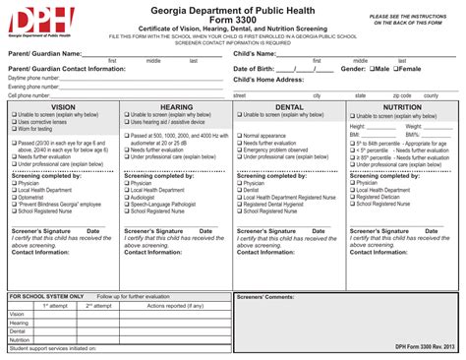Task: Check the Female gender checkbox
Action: (396, 70)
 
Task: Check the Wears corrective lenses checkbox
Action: (15, 121)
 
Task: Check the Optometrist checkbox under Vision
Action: (15, 197)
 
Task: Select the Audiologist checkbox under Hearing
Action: (127, 197)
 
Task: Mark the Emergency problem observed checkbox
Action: (239, 150)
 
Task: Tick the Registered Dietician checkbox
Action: (352, 197)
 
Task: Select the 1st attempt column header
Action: (54, 305)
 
